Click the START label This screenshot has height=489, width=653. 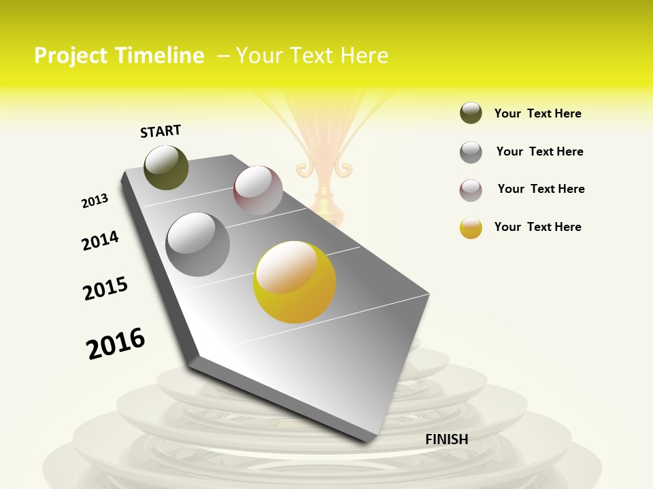click(x=161, y=131)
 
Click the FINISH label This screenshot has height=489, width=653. click(x=446, y=439)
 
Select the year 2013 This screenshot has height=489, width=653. click(x=95, y=201)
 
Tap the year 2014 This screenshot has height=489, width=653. click(x=100, y=240)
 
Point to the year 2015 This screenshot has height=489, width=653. click(x=105, y=289)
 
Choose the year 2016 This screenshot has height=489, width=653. click(x=116, y=343)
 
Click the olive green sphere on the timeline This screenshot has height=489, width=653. click(x=166, y=167)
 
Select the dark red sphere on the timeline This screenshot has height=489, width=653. click(x=258, y=190)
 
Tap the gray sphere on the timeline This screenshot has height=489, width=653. click(x=198, y=244)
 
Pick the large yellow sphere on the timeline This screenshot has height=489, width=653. click(x=295, y=282)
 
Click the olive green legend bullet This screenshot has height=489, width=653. click(x=471, y=113)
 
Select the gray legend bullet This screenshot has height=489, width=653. click(x=471, y=152)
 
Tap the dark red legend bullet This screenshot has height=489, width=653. click(x=471, y=190)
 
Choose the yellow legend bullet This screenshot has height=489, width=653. click(x=471, y=228)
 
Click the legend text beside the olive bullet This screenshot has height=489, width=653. click(x=537, y=113)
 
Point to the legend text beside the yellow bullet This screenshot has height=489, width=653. click(x=537, y=227)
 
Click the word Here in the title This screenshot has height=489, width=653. click(x=364, y=56)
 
